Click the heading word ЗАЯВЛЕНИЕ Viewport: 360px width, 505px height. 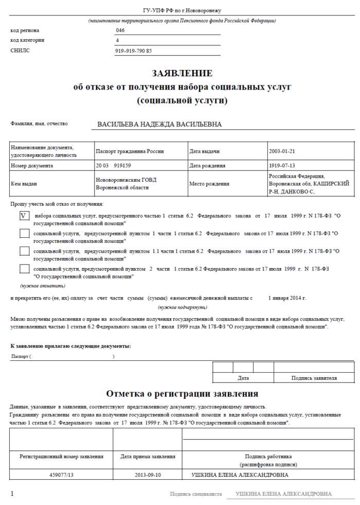coord(182,73)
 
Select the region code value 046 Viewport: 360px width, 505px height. coord(120,30)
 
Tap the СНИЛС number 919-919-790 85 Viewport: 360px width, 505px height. coord(134,51)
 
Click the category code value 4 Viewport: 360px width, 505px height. coord(118,40)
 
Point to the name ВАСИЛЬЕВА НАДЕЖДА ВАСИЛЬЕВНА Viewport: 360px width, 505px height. coord(159,125)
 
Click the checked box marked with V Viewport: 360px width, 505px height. coord(24,216)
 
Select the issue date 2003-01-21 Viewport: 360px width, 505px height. coord(282,151)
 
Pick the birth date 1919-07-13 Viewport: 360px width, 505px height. coord(282,166)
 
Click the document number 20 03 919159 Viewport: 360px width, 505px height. coord(113,166)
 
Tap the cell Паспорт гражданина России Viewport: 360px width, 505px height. coord(130,151)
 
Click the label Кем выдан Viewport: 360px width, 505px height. coord(24,184)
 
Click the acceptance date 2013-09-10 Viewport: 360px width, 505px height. coord(148,475)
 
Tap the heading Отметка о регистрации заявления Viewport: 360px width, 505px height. coord(182,394)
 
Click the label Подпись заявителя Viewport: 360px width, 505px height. coord(314,378)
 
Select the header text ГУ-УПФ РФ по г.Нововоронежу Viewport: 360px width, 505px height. coord(182,10)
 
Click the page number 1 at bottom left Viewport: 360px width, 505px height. coord(12,494)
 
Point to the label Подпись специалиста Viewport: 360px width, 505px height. coord(196,494)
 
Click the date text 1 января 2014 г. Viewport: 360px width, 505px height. coord(287,298)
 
